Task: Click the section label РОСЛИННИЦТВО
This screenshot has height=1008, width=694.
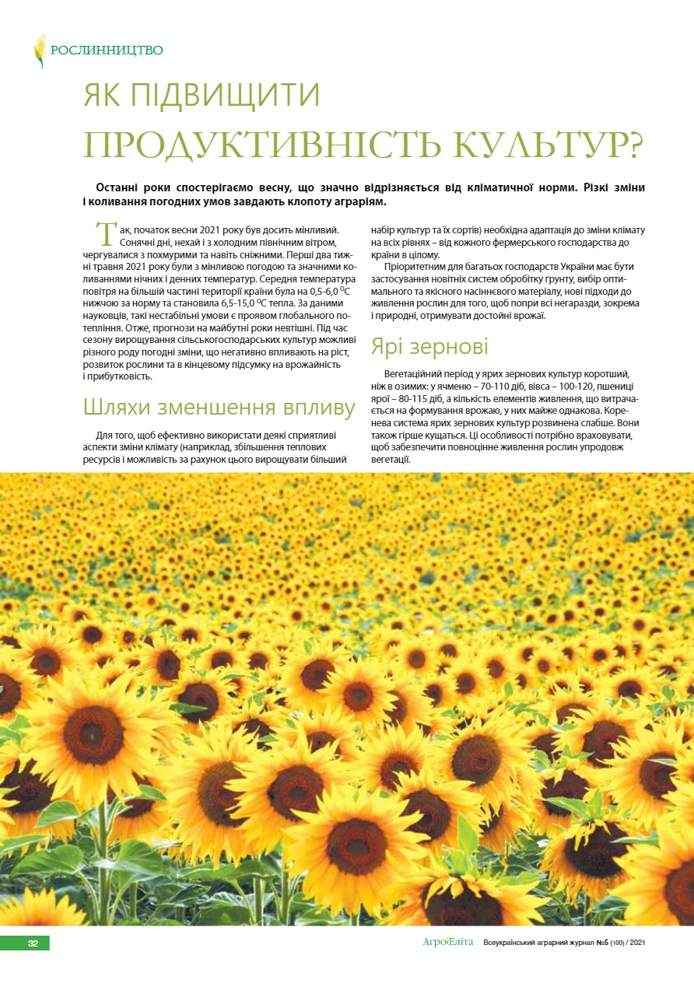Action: coord(107,51)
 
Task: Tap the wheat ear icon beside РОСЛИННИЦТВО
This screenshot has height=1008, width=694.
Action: coord(40,51)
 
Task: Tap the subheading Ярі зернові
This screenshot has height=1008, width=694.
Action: coord(429,345)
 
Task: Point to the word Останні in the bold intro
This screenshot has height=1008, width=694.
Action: coord(123,188)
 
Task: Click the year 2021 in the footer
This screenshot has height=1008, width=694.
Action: coord(637,943)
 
